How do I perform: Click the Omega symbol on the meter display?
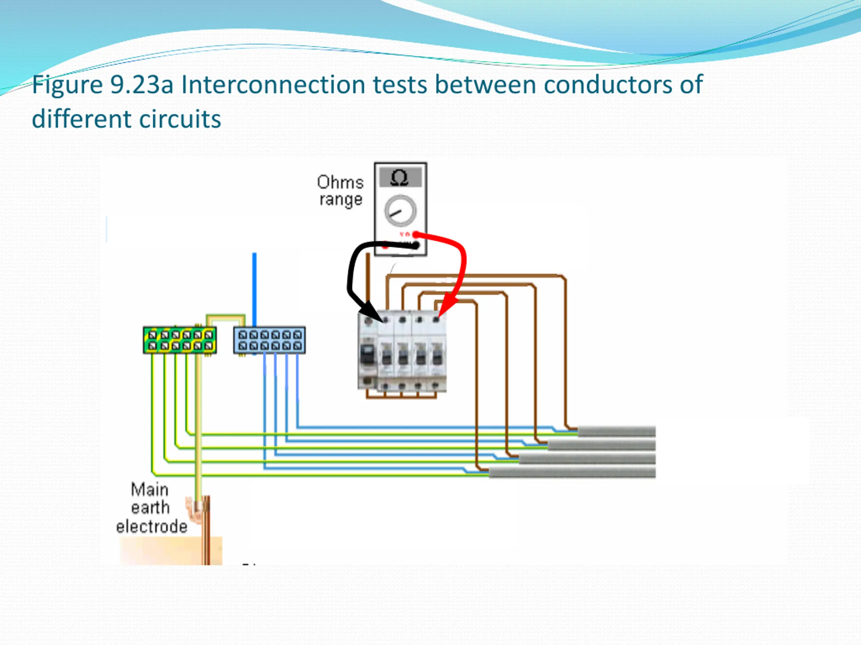[399, 178]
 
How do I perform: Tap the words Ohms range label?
[341, 191]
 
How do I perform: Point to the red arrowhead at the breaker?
[446, 308]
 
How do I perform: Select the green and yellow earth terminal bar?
[180, 340]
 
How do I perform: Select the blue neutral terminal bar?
[269, 341]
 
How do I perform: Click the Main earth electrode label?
[151, 508]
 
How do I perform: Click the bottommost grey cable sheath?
[572, 472]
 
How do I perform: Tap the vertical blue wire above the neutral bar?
[255, 290]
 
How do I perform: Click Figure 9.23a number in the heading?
[102, 84]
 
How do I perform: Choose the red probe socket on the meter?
[416, 234]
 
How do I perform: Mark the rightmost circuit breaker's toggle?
[437, 356]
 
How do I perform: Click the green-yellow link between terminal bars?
[226, 319]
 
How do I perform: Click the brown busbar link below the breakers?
[401, 396]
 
